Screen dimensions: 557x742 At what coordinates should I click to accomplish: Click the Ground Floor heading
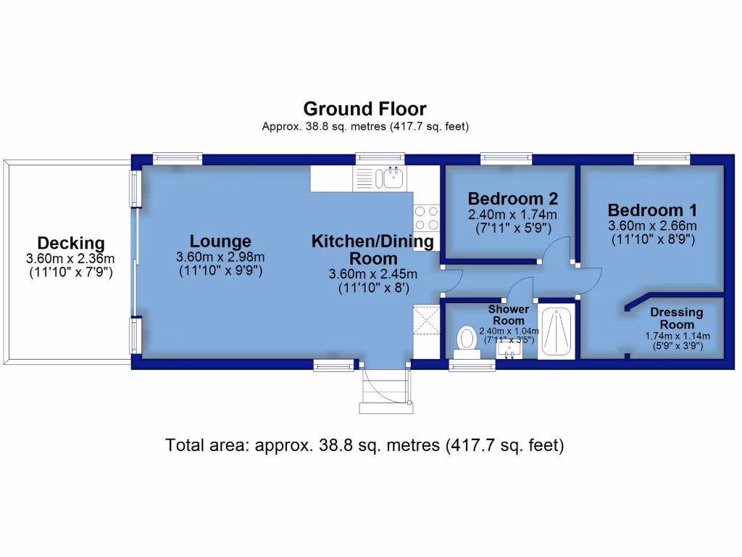364,110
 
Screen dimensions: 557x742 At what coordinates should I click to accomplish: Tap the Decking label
71,244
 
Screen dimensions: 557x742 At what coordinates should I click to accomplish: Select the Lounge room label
220,242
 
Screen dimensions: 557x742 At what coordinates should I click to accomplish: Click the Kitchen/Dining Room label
373,249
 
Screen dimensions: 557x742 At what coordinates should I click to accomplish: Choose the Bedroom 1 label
653,210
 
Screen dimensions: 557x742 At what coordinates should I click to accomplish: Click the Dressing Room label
677,318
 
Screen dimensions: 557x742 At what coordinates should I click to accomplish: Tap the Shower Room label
509,315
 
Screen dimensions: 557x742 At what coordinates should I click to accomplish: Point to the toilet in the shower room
467,339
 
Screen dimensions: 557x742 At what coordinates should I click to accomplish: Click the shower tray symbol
556,331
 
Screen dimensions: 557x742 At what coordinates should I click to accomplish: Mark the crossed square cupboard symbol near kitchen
425,320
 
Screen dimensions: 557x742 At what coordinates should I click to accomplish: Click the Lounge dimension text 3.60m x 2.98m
220,257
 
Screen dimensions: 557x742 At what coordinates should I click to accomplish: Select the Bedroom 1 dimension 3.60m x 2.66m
653,226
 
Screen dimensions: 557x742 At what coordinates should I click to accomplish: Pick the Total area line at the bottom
364,445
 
